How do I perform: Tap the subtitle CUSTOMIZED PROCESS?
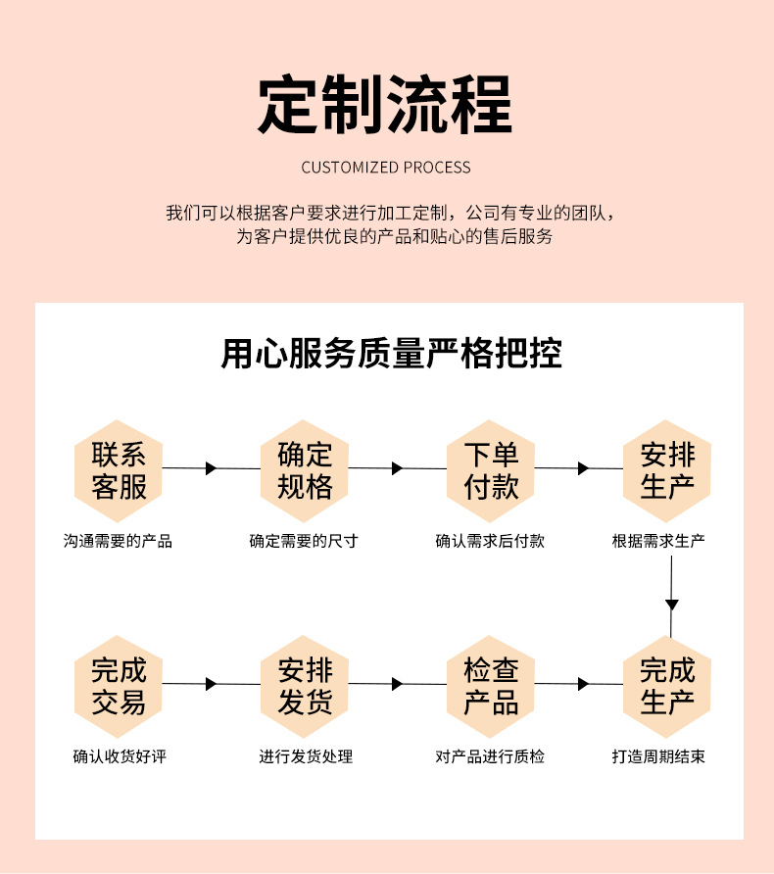pyautogui.click(x=386, y=168)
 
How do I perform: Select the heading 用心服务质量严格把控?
pyautogui.click(x=391, y=354)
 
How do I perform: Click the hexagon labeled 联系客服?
pyautogui.click(x=119, y=470)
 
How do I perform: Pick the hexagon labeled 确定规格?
pyautogui.click(x=305, y=470)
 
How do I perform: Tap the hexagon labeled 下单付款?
pyautogui.click(x=491, y=470)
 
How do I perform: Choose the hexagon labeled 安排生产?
pyautogui.click(x=667, y=470)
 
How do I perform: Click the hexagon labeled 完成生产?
pyautogui.click(x=667, y=686)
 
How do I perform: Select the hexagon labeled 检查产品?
pyautogui.click(x=491, y=686)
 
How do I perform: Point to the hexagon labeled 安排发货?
pyautogui.click(x=305, y=686)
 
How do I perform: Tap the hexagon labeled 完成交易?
pyautogui.click(x=119, y=686)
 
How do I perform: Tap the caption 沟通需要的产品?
pyautogui.click(x=118, y=541)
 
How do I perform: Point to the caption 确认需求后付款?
pyautogui.click(x=490, y=541)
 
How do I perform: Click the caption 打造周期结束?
pyautogui.click(x=658, y=756)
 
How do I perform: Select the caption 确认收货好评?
pyautogui.click(x=120, y=756)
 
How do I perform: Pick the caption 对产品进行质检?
pyautogui.click(x=490, y=756)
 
